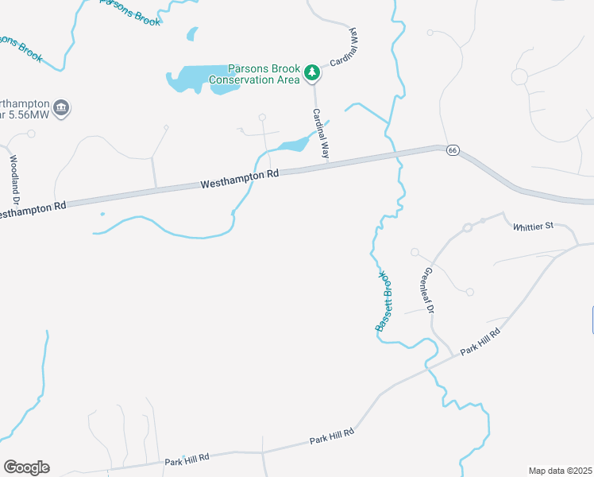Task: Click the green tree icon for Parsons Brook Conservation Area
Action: pos(313,73)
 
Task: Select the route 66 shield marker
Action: pos(452,149)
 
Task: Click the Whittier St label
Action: pos(532,227)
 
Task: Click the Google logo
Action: pos(26,467)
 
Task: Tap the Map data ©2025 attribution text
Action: pos(560,471)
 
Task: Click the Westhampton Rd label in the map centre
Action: pos(240,178)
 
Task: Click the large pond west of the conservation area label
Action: pos(191,79)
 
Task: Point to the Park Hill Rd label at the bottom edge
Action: pos(187,459)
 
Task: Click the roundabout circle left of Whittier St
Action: pos(468,228)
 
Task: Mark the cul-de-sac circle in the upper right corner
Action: pos(520,77)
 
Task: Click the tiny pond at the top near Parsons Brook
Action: pos(191,33)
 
